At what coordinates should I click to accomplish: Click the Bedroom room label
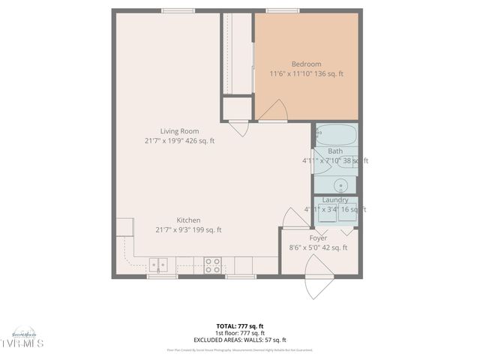click(x=306, y=64)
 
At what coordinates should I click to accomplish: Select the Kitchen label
click(x=188, y=220)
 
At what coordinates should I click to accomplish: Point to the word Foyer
click(x=318, y=238)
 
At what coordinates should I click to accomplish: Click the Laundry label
click(x=334, y=200)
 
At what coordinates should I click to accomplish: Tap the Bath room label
click(x=334, y=151)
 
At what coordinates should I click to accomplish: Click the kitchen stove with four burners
click(x=213, y=265)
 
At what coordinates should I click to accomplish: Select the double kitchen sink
click(x=158, y=265)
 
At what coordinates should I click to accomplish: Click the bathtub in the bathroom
click(x=336, y=136)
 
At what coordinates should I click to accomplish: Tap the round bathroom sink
click(x=341, y=185)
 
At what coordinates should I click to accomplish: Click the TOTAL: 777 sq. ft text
click(x=239, y=326)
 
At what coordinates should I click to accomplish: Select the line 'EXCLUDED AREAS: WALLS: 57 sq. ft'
click(x=239, y=340)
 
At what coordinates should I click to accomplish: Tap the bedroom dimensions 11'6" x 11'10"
click(x=291, y=73)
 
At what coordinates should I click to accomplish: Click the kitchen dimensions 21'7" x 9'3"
click(x=178, y=230)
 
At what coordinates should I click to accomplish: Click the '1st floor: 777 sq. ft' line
click(x=239, y=333)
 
